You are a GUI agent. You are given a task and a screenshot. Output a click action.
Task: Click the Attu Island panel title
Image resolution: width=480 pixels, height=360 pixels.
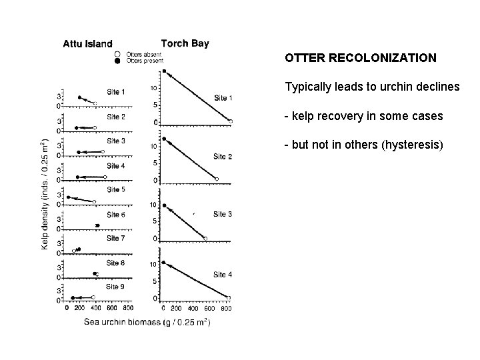click(x=87, y=45)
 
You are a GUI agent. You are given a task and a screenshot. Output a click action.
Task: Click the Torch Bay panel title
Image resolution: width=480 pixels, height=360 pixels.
click(x=185, y=44)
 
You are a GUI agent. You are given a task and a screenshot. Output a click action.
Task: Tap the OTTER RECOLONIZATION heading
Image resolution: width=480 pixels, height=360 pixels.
click(x=361, y=58)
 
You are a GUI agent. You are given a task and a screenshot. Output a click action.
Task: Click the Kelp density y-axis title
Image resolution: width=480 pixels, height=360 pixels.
click(x=44, y=193)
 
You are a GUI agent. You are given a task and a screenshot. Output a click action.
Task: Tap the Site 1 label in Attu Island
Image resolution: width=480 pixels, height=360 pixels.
click(x=116, y=91)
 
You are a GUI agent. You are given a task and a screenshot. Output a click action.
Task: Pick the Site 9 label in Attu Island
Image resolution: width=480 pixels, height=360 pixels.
click(x=116, y=287)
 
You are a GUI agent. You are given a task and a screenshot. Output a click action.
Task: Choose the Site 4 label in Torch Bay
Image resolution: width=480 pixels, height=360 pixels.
click(x=223, y=274)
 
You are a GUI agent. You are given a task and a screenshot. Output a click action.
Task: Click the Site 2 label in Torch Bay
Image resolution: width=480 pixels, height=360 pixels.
click(x=223, y=156)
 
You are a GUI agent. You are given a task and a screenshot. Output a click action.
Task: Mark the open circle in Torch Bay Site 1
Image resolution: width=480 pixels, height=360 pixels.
click(x=231, y=121)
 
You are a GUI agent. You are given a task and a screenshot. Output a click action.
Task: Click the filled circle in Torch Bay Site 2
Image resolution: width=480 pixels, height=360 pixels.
click(x=164, y=139)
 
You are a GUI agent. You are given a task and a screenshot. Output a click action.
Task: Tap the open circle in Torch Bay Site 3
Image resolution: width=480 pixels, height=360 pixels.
click(x=205, y=239)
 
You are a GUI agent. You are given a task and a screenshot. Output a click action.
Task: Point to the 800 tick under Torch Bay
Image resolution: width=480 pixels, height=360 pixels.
click(x=227, y=308)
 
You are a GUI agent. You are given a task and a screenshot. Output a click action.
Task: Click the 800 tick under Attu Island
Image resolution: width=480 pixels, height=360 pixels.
click(x=128, y=308)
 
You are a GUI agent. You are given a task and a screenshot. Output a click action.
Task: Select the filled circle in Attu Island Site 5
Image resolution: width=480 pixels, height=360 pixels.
click(x=68, y=197)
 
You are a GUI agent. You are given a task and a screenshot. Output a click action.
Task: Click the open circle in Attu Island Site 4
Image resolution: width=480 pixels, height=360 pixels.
click(x=105, y=177)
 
